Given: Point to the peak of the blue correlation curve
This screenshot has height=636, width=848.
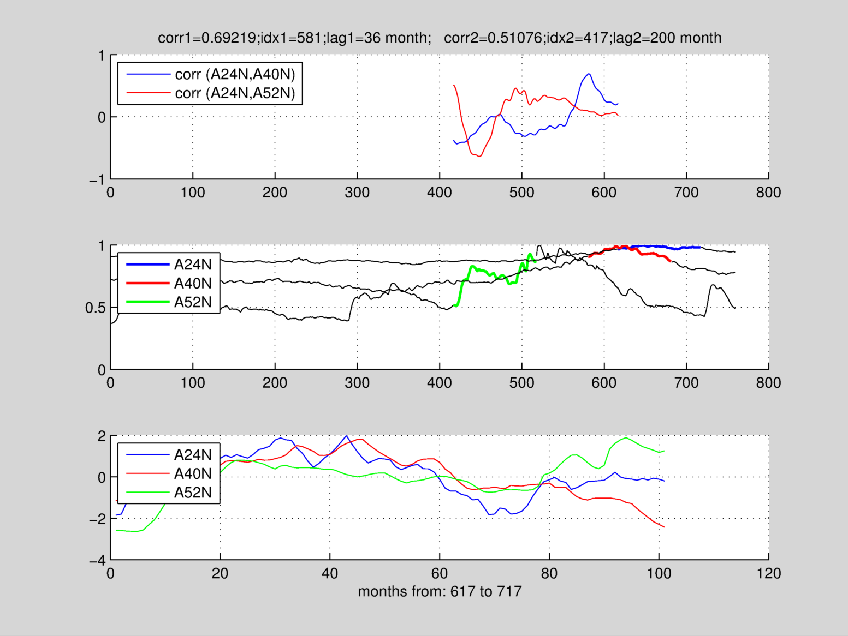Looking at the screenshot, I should coord(589,74).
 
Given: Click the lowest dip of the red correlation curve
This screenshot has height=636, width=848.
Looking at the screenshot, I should coord(479,157).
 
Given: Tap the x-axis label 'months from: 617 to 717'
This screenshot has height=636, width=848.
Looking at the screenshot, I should coord(440,591).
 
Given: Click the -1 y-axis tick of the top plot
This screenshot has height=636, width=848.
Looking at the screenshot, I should coord(98,179).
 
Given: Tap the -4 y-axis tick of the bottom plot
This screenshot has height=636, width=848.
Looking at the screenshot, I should coord(98,560).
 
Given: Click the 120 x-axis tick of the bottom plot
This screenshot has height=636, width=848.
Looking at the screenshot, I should coord(768,573).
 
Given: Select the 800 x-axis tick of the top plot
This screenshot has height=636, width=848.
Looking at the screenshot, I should coord(768,193).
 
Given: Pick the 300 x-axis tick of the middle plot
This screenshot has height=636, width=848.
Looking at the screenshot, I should coord(357,383).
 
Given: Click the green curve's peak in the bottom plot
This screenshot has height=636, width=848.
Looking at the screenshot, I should coord(626,437).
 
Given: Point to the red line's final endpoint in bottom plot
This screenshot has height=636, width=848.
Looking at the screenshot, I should coord(664,527).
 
